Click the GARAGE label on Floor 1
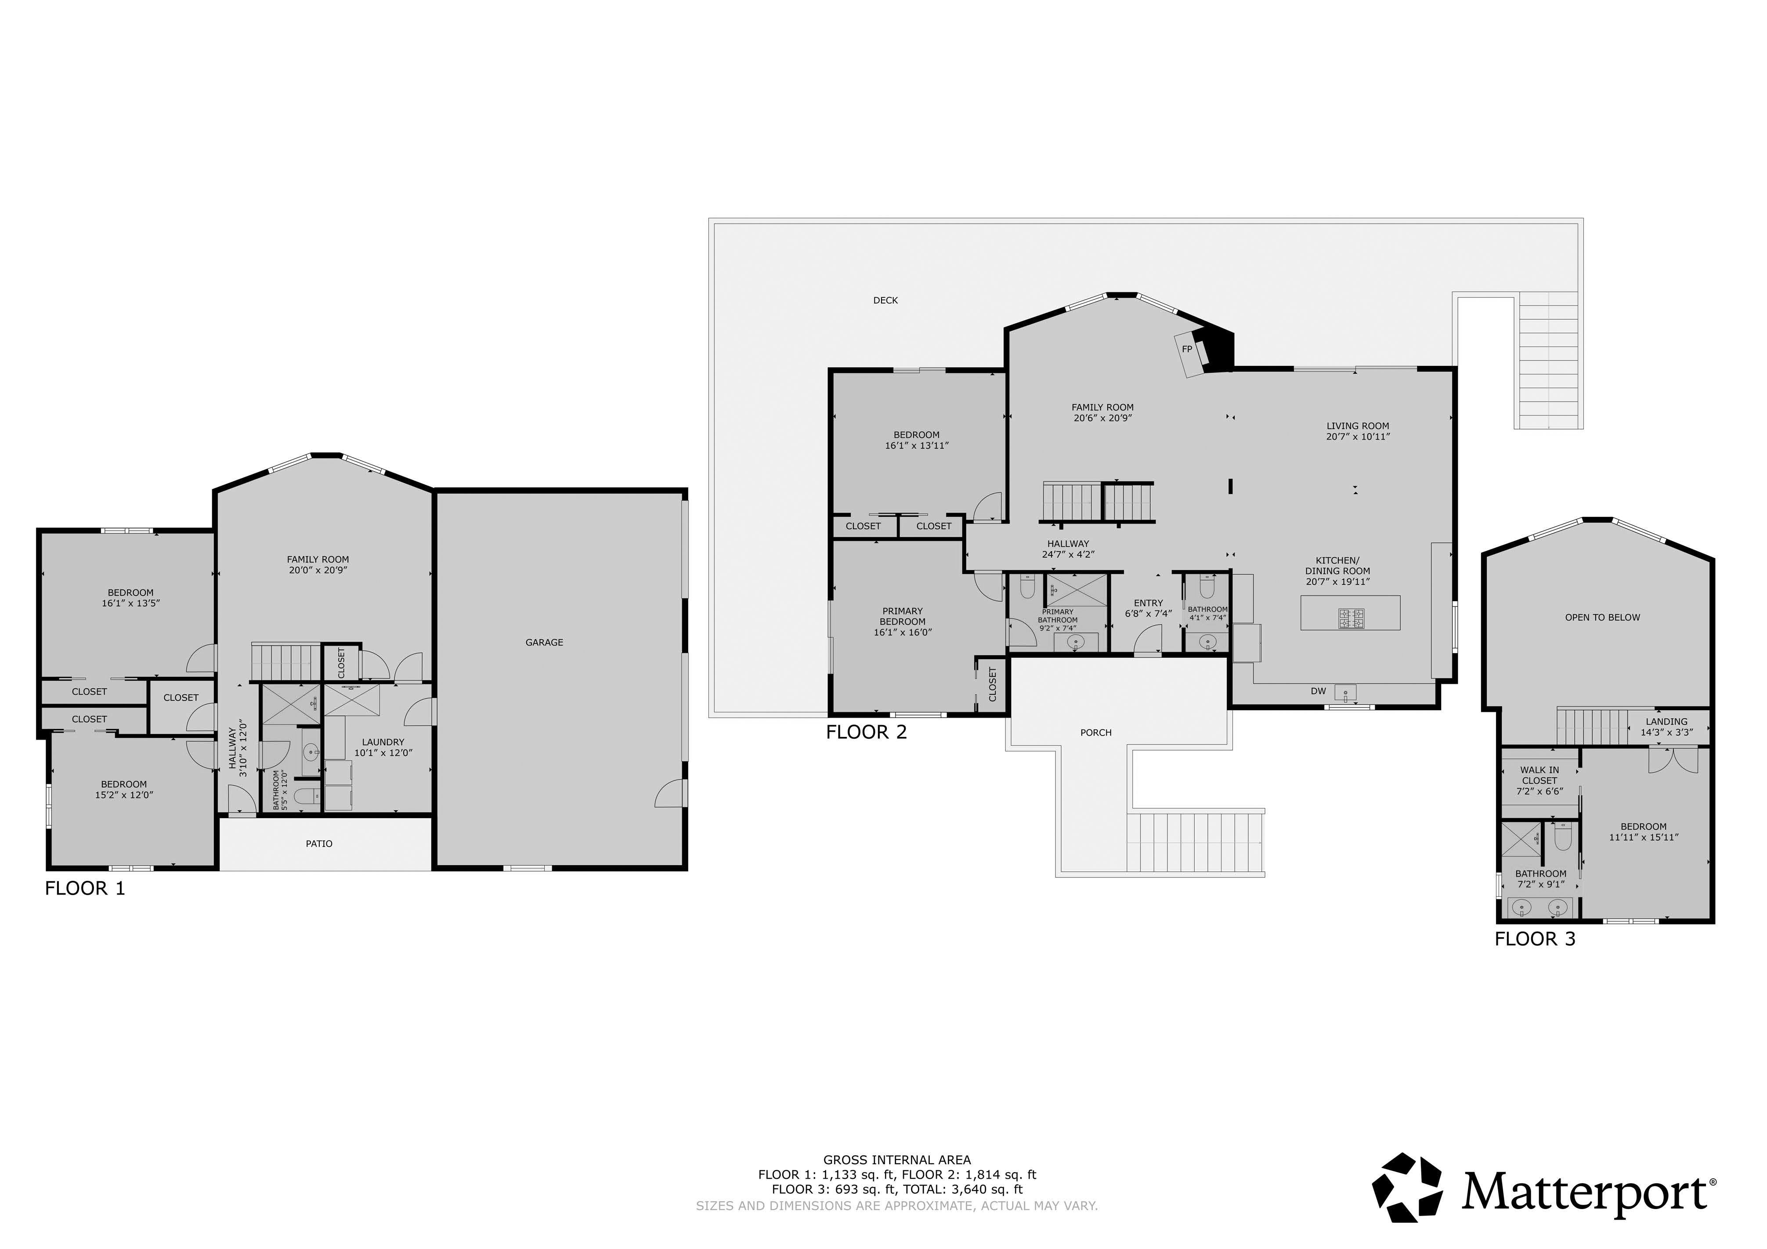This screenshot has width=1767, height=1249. point(544,642)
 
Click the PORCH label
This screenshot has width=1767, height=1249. point(1096,733)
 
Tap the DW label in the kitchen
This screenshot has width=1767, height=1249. point(1318,691)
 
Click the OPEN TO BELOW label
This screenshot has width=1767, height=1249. point(1602,617)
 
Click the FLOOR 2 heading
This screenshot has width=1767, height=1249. point(867,732)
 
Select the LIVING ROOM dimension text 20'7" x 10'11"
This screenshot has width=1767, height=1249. point(1358,437)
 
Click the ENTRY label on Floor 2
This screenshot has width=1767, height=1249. point(1148,603)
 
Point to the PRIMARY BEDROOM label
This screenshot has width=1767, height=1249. point(903,617)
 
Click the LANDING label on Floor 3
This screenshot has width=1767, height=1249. point(1667,722)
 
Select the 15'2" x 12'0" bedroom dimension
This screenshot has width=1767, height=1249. point(124,795)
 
